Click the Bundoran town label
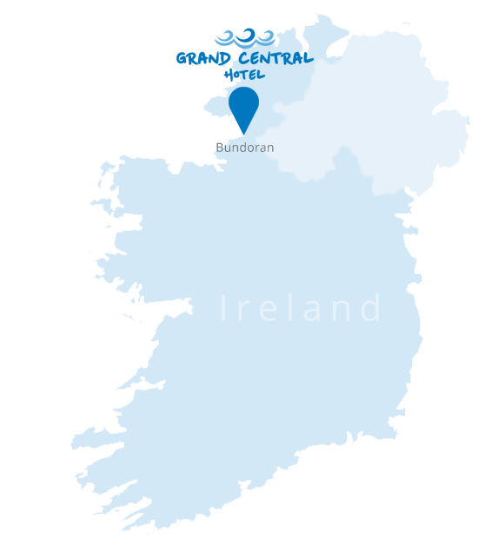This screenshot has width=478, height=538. pos(245,148)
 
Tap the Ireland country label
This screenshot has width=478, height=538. pos(301,309)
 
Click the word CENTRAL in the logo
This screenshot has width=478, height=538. pos(274,60)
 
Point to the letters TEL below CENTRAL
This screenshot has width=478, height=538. pos(251,75)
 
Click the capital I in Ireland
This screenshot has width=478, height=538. pos(224,309)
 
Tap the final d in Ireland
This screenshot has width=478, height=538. pos(373,309)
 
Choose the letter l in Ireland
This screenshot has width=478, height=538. pos(294,309)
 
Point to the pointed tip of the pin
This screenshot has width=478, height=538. pos(243,134)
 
